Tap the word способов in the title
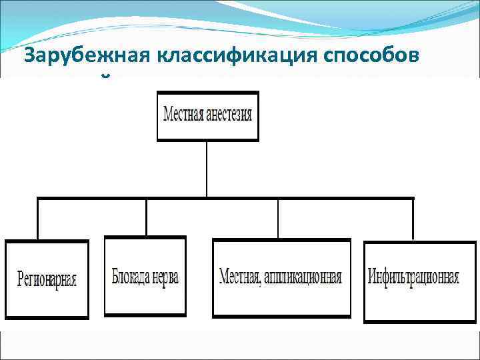click(379, 57)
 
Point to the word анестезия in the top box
click(231, 114)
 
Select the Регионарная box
click(47, 279)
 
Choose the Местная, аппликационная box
click(281, 277)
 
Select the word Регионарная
click(47, 279)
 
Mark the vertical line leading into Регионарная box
click(38, 219)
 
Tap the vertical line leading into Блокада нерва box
click(146, 217)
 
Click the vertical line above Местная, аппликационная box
click(278, 219)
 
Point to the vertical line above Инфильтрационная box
click(413, 219)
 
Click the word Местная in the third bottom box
click(239, 277)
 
